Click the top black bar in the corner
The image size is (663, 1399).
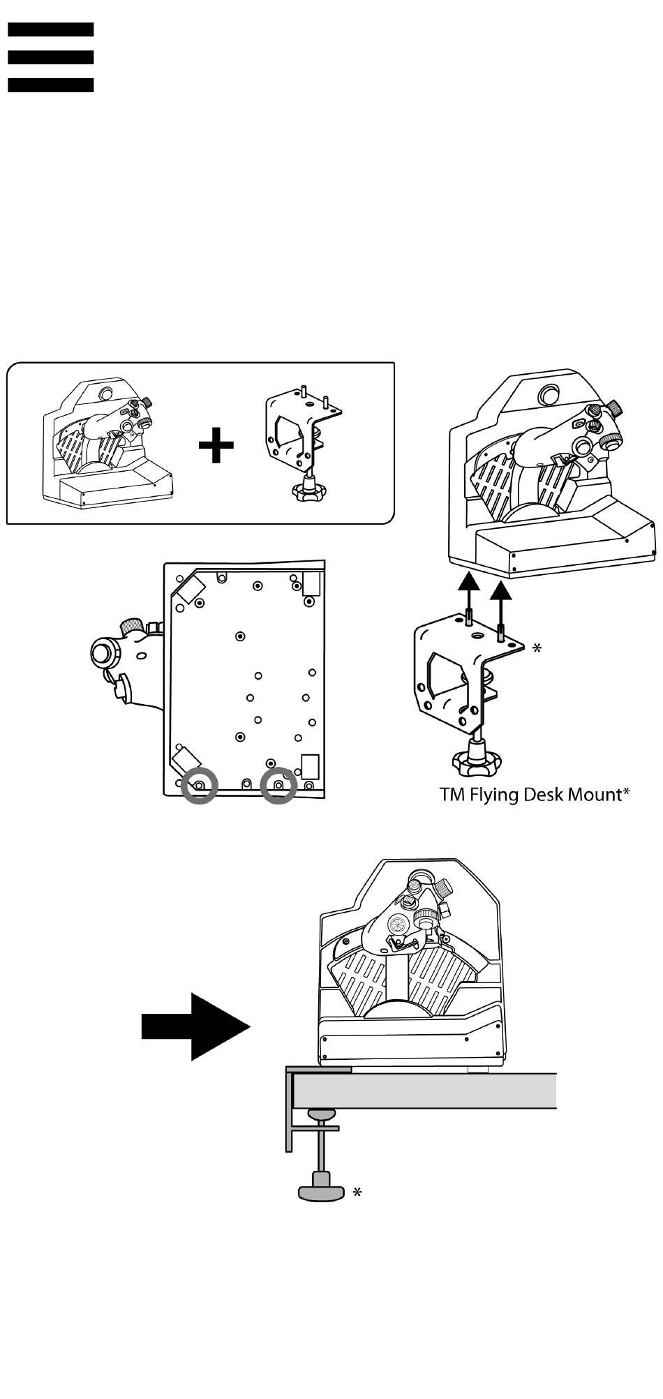51,29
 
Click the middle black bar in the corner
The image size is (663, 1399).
51,57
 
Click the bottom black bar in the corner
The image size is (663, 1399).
51,85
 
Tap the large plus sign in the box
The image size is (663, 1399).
216,445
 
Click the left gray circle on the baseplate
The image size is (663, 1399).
199,785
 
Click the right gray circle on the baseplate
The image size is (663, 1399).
278,785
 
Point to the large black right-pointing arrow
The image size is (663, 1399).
196,1027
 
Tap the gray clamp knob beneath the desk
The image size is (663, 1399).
322,1188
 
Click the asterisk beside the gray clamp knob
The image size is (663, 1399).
357,1193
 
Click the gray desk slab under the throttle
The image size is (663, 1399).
426,1091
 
